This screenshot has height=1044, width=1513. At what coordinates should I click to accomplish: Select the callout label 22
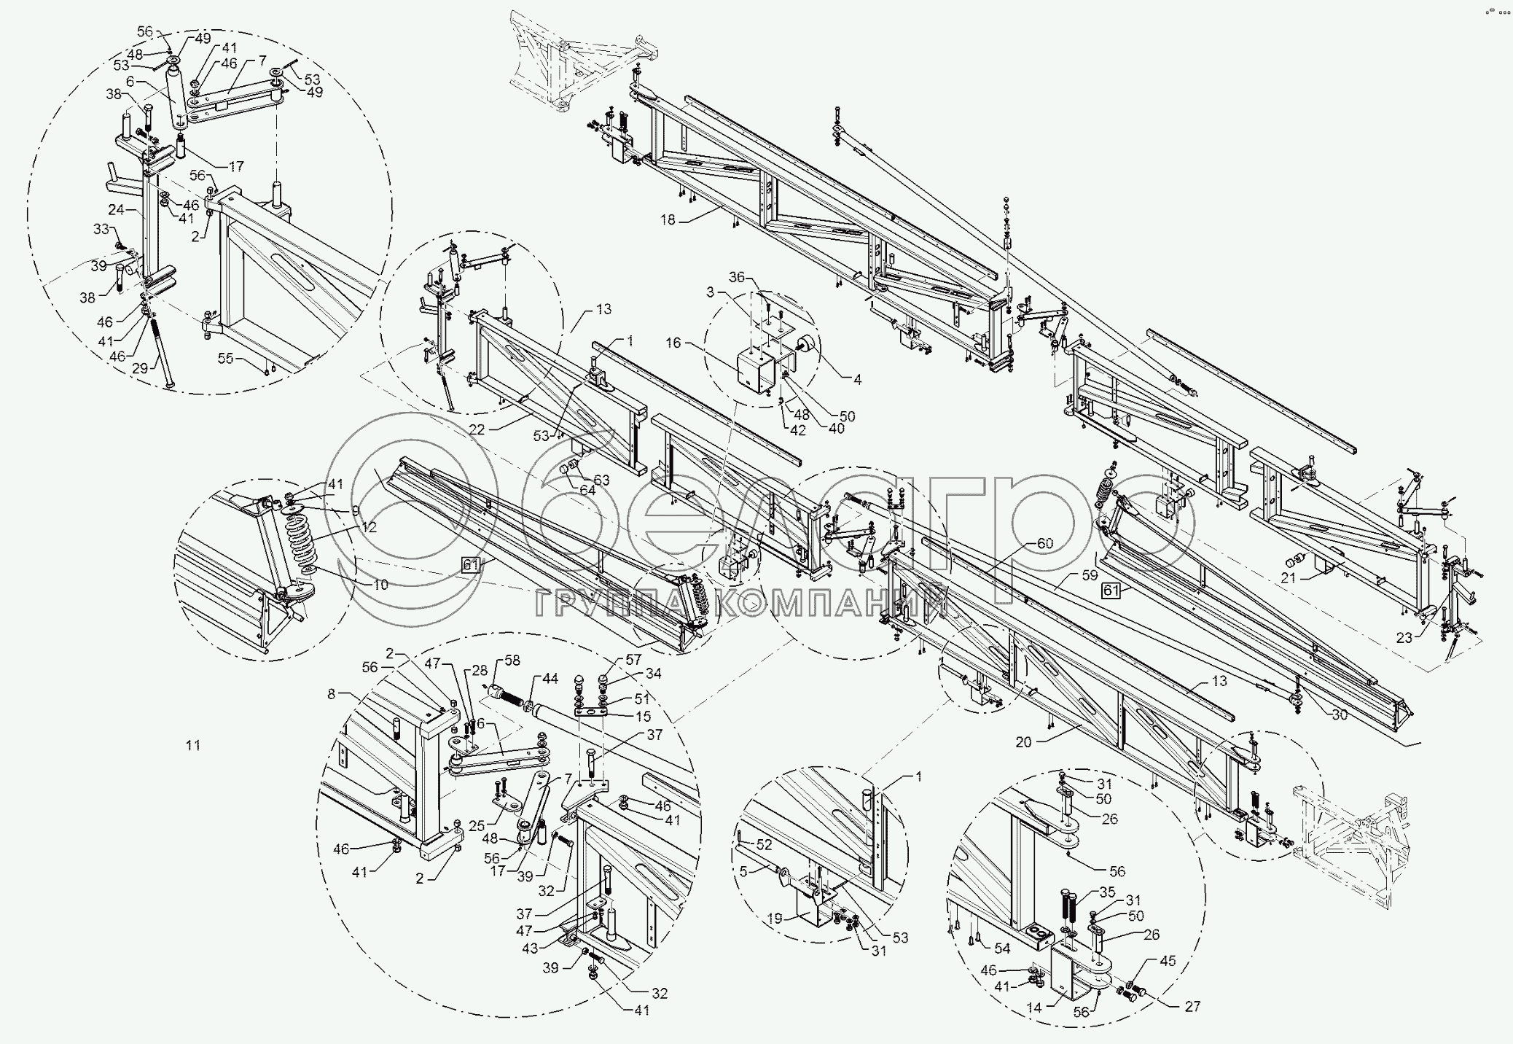point(477,430)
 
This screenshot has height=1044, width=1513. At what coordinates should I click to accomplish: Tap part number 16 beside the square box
point(673,343)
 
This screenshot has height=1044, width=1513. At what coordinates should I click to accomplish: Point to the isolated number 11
point(192,745)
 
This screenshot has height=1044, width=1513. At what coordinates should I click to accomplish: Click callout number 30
point(1339,715)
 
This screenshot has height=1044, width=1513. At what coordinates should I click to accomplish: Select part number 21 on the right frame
point(1288,578)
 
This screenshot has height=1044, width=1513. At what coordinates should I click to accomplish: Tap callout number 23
point(1404,637)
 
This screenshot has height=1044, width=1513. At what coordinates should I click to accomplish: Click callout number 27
point(1192,1007)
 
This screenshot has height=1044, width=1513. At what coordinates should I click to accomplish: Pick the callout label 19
point(775,919)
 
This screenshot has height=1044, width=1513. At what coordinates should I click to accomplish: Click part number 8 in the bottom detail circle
point(332,695)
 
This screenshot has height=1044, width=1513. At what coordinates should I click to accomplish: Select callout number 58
point(513,660)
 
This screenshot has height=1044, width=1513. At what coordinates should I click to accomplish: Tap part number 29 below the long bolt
point(139,369)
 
